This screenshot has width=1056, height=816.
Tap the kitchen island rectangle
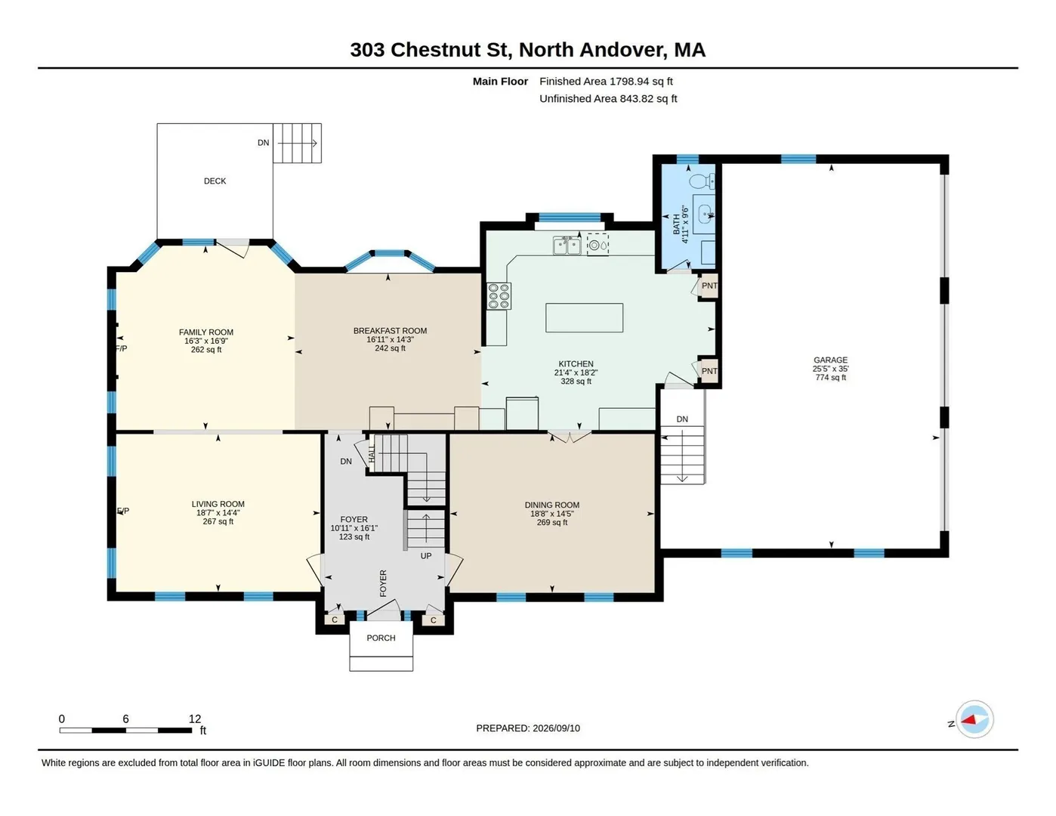click(x=584, y=318)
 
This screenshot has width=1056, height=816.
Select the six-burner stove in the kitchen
click(x=499, y=296)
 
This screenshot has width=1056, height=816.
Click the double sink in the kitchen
click(x=567, y=246)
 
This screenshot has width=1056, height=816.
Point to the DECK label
click(x=215, y=181)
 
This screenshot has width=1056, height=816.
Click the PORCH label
click(x=381, y=638)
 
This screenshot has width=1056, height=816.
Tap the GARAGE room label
click(x=830, y=360)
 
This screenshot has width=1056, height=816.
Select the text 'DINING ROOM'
click(x=552, y=505)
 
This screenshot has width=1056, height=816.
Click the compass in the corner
click(x=974, y=720)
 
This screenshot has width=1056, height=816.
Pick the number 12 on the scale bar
click(x=195, y=719)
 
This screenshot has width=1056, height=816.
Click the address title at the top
click(x=528, y=50)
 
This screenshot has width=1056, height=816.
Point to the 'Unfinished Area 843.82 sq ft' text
click(x=608, y=99)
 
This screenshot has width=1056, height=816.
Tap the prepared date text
click(x=528, y=728)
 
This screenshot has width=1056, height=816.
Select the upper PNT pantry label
click(x=709, y=286)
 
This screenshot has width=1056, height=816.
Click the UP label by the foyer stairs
click(x=426, y=556)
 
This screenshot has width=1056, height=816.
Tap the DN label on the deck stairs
click(x=263, y=143)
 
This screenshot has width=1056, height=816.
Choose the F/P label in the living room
click(x=123, y=511)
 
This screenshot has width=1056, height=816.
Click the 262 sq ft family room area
click(x=206, y=350)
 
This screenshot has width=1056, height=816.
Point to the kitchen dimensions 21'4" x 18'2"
click(x=576, y=372)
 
